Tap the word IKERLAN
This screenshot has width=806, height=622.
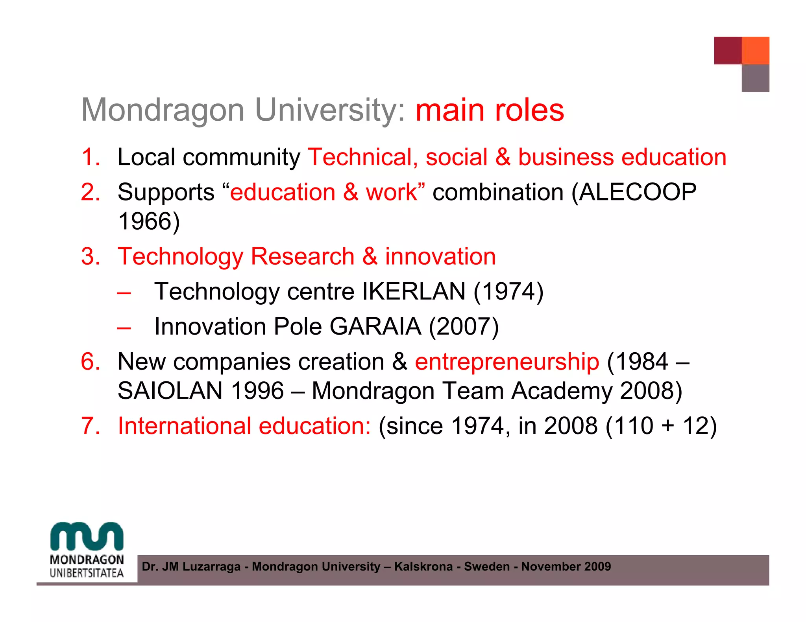(414, 291)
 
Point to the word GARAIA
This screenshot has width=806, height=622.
(375, 326)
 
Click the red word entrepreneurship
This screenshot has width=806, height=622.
(507, 361)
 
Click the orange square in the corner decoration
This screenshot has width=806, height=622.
(755, 50)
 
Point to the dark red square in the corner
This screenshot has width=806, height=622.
(728, 50)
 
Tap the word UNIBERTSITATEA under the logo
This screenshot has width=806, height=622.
(87, 573)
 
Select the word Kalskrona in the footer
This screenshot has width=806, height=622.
(423, 567)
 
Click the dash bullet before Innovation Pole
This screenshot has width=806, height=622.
(124, 327)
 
